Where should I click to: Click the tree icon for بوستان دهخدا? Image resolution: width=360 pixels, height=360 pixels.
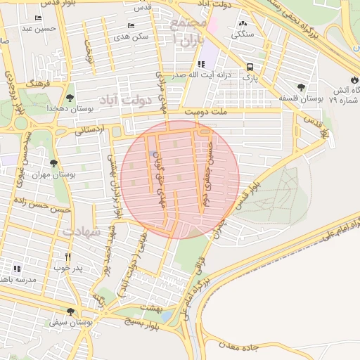click(70, 98)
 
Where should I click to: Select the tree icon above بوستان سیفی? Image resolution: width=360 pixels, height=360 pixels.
click(70, 311)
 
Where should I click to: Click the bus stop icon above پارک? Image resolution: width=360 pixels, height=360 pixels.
click(250, 67)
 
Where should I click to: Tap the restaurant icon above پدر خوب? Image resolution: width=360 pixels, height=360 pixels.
click(68, 257)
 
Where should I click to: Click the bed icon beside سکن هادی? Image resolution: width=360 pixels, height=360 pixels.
click(131, 25)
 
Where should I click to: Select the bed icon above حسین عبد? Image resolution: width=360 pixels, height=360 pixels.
click(37, 18)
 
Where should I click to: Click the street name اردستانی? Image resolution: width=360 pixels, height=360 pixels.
click(89, 130)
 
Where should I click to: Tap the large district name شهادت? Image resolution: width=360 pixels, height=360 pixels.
click(82, 231)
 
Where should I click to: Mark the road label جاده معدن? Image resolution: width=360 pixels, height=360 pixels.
click(240, 347)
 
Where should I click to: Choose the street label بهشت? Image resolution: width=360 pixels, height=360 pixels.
click(152, 307)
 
